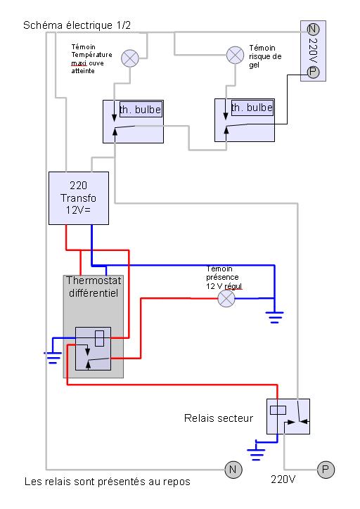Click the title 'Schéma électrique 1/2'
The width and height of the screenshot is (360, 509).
coord(77,25)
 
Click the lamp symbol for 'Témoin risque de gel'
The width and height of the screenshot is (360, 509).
coord(235,55)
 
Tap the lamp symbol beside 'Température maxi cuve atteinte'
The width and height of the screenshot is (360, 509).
coord(130,58)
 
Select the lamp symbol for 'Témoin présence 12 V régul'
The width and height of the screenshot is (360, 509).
coord(226,298)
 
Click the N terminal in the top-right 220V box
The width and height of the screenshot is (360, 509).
coord(313,30)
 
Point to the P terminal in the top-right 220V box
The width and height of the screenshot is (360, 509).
coord(313,72)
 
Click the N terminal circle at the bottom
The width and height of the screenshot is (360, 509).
coord(233,470)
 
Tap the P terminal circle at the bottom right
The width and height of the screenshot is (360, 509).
coord(326,470)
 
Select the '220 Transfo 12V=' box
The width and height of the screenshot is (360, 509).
coord(79,198)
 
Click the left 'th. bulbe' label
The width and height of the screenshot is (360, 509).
coord(141,110)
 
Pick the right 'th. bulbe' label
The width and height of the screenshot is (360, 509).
coord(252,108)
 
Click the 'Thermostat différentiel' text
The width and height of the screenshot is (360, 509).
coord(94,287)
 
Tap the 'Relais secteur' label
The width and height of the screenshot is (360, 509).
coord(219,418)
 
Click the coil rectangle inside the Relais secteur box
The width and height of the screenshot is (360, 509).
coord(278,411)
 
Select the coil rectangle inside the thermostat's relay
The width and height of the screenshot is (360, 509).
coord(100,338)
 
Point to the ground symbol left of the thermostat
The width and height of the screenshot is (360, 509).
coord(53,357)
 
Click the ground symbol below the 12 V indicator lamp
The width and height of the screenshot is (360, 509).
coord(275,317)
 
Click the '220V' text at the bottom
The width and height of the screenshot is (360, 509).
coord(283,479)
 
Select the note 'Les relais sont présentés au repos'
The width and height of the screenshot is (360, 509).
coord(108,482)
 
